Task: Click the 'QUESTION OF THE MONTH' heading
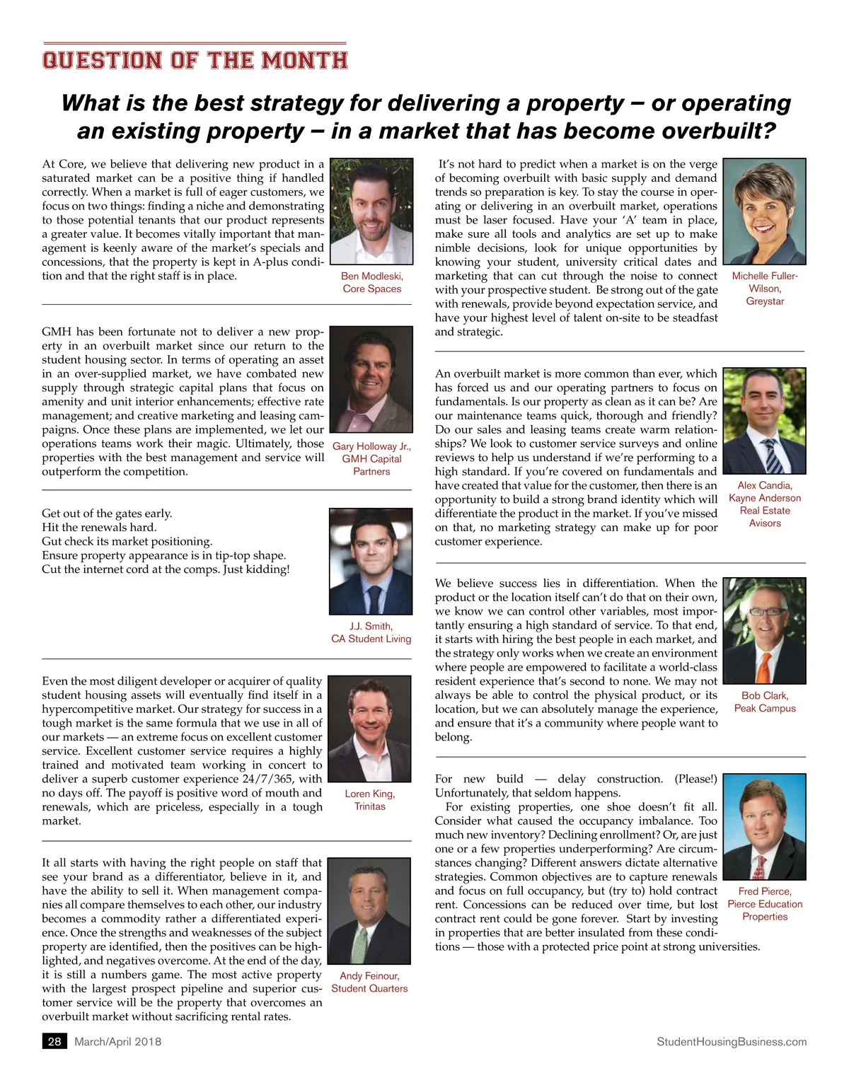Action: pyautogui.click(x=195, y=60)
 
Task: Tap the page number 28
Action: pyautogui.click(x=54, y=1041)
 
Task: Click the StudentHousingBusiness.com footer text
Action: pyautogui.click(x=731, y=1041)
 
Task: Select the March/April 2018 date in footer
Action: pyautogui.click(x=117, y=1041)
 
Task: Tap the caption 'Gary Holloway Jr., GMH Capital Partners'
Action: pyautogui.click(x=371, y=458)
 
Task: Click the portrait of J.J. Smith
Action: pyautogui.click(x=371, y=561)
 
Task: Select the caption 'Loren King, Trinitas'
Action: pyautogui.click(x=370, y=800)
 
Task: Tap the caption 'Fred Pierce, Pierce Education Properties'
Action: pyautogui.click(x=765, y=904)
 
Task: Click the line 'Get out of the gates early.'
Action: pyautogui.click(x=107, y=514)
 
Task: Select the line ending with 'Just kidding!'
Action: pyautogui.click(x=166, y=569)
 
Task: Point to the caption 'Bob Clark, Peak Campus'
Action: pyautogui.click(x=765, y=702)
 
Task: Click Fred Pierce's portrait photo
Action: pyautogui.click(x=764, y=828)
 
